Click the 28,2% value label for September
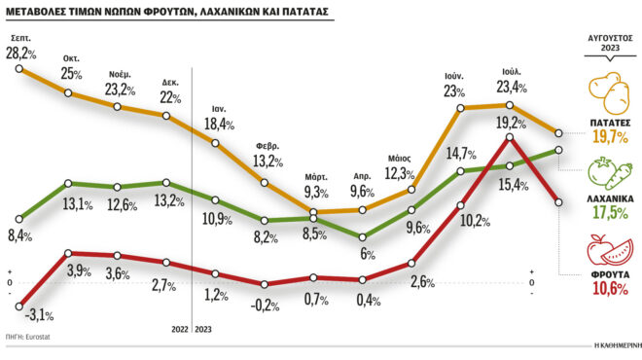[x=22, y=54]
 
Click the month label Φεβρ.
[x=267, y=145]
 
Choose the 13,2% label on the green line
[x=169, y=201]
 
